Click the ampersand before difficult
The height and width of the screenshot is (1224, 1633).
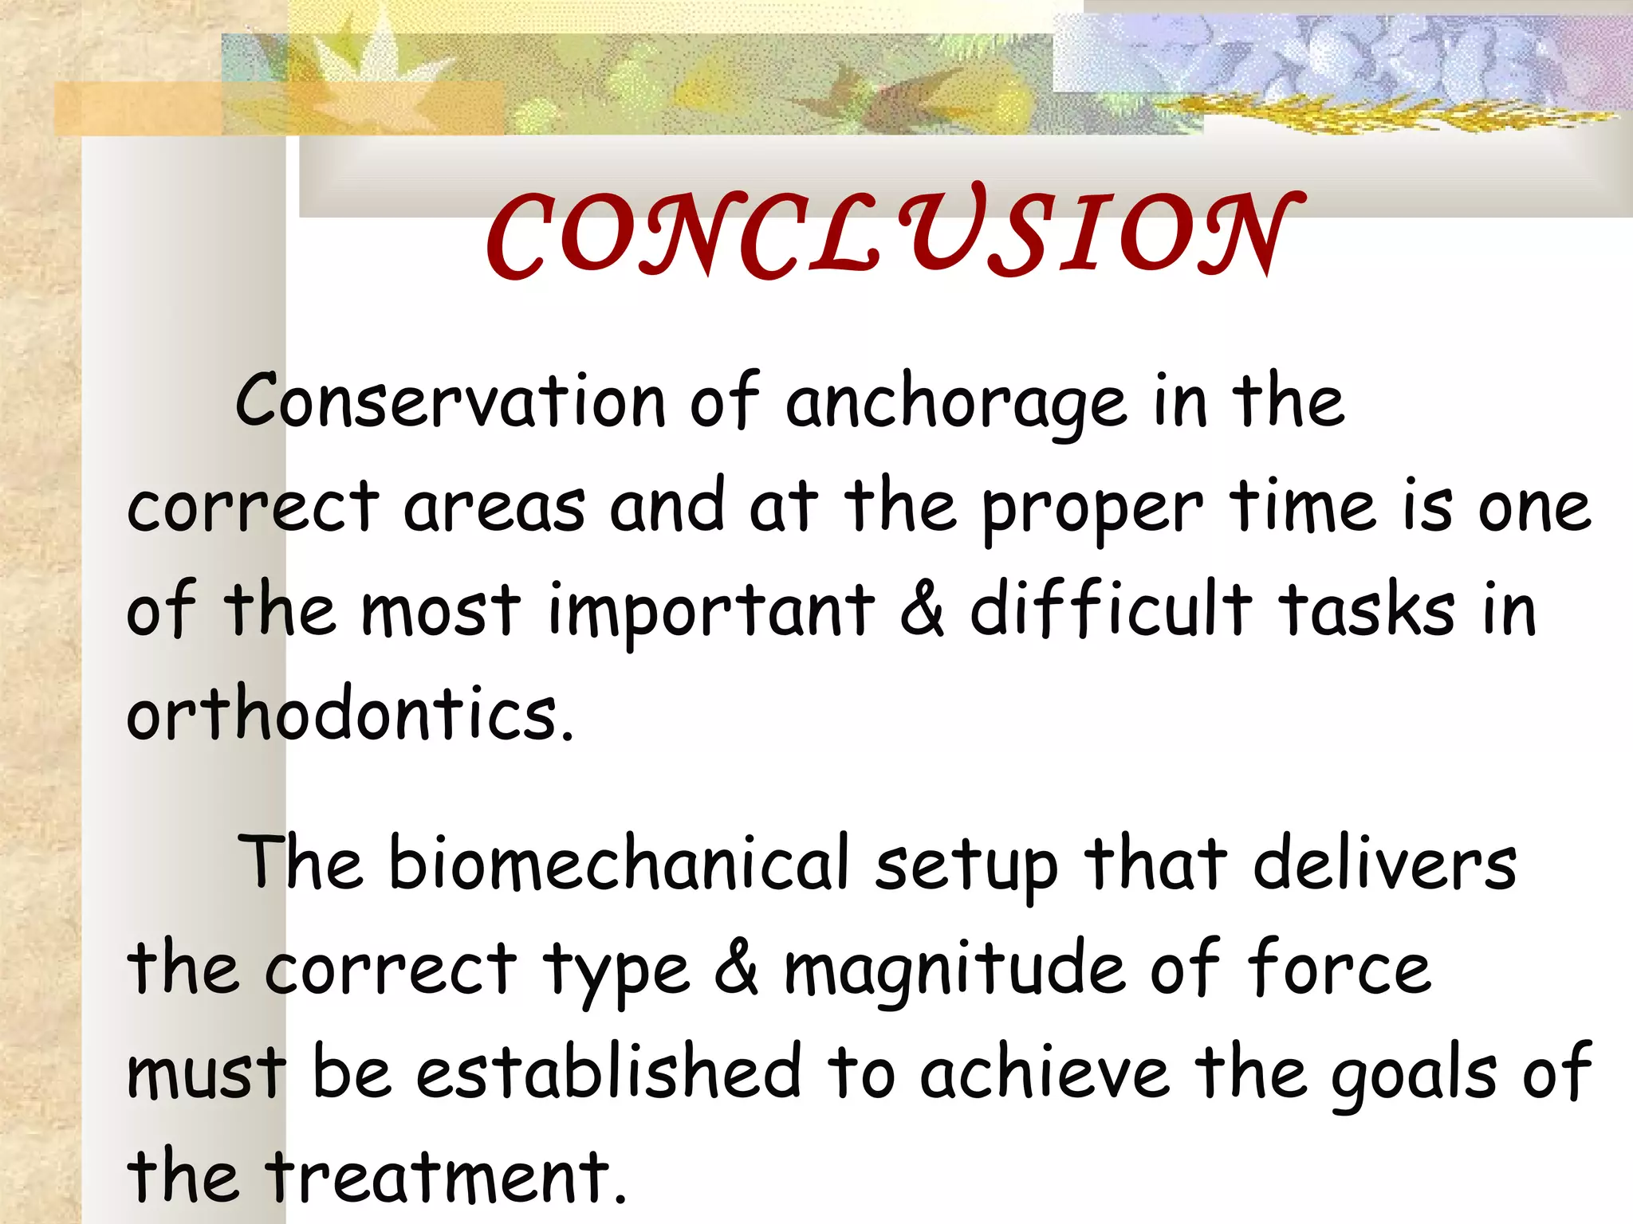[923, 612]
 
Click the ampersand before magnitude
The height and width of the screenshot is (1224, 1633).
[736, 969]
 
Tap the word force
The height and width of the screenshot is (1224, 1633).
[1340, 968]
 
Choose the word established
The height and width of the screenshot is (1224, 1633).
[608, 1072]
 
